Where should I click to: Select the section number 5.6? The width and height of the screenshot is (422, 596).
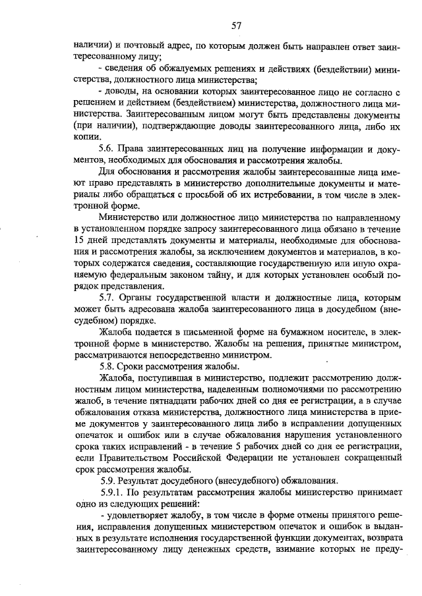107,149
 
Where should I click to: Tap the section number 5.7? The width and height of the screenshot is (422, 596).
107,298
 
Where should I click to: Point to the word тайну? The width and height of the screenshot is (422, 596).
212,275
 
